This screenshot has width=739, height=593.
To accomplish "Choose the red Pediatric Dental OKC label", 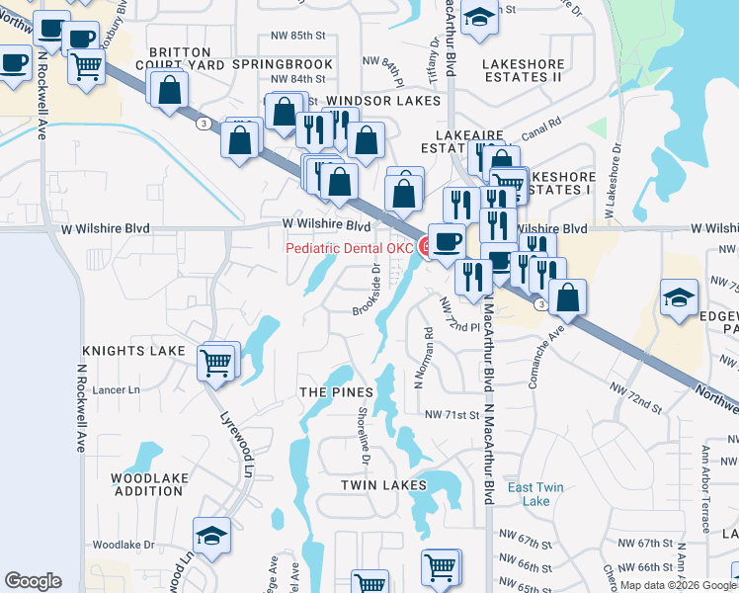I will [x=349, y=248].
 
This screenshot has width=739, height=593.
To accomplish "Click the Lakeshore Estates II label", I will [x=522, y=69].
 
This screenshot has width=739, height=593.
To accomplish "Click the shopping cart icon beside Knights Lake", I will [x=216, y=363].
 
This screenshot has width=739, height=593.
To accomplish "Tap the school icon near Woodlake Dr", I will [x=212, y=536].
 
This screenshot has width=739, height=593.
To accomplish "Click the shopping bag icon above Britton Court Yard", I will [x=170, y=89].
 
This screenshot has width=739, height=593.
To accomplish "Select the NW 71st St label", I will [x=452, y=415].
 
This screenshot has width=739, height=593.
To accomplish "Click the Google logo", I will [x=33, y=581].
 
